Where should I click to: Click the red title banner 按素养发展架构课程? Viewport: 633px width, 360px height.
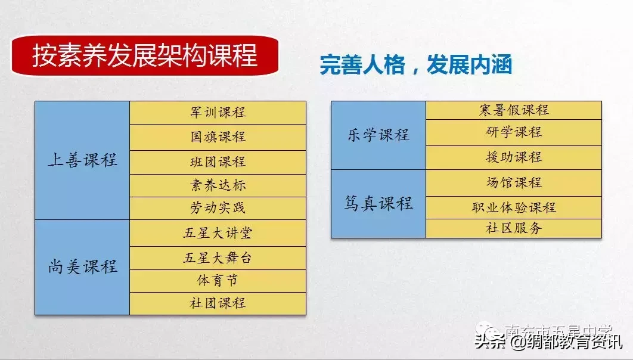coord(145,55)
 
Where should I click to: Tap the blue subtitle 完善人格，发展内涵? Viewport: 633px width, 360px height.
coord(415,65)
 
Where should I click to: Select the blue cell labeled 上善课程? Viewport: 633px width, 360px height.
coord(82,160)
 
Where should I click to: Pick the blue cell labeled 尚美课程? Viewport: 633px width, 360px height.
coord(82,266)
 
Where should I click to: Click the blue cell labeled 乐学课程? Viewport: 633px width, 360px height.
coord(378,135)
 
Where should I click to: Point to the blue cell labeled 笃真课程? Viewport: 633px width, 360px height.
coord(378,203)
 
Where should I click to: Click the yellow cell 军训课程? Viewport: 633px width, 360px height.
coord(218,112)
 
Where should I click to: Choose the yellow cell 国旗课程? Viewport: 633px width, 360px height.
coord(218,136)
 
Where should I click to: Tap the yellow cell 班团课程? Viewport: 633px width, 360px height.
coord(218,162)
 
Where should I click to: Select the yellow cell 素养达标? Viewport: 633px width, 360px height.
coord(218,185)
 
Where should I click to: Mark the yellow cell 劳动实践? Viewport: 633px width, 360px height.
coord(218,208)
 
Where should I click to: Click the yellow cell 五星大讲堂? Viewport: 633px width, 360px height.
coord(218,232)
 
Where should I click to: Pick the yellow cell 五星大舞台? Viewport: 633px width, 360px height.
coord(218,258)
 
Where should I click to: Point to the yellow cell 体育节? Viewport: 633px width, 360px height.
coord(218,280)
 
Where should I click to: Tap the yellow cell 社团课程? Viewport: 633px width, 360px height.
coord(218,303)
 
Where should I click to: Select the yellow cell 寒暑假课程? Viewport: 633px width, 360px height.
coord(513,110)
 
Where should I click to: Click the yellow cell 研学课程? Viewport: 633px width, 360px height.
coord(513,132)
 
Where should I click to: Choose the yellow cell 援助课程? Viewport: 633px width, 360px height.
coord(513,157)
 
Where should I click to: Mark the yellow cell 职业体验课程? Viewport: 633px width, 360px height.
coord(513,207)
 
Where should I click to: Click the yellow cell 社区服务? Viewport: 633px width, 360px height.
coord(513,228)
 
